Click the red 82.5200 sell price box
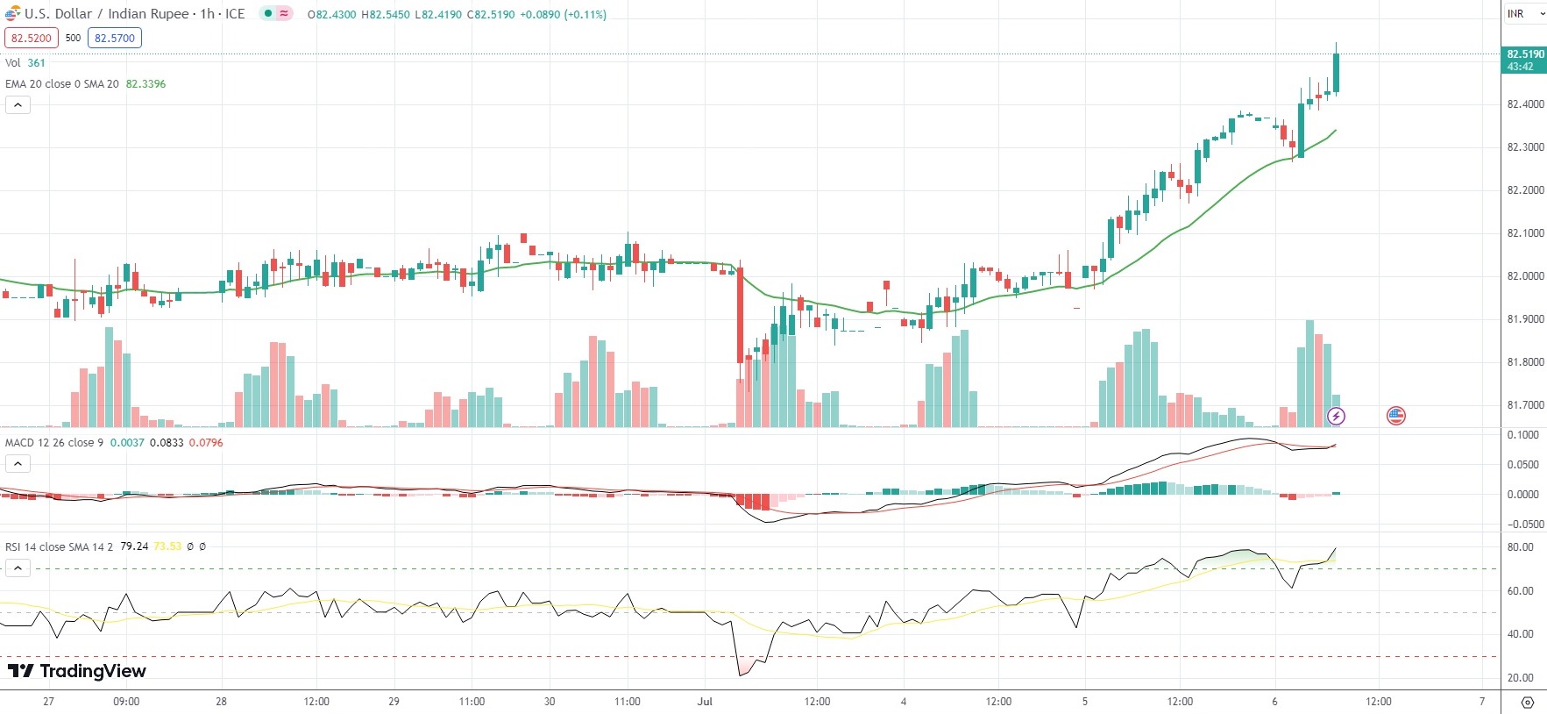[x=32, y=38]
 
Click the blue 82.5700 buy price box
[x=115, y=38]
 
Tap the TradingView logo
[x=77, y=671]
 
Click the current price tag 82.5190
[x=1525, y=60]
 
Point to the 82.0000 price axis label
[x=1525, y=276]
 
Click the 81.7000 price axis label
[x=1525, y=405]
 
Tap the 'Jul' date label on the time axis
[x=705, y=702]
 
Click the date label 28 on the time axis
[x=221, y=702]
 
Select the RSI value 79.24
[x=134, y=546]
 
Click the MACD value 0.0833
[x=167, y=443]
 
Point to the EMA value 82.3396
[x=145, y=84]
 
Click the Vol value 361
[x=36, y=63]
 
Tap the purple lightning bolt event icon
[x=1336, y=416]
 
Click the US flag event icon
[x=1396, y=416]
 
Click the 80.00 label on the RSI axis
[x=1521, y=547]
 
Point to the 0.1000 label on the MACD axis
[x=1523, y=435]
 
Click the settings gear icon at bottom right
[x=1528, y=703]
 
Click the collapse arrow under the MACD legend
[x=18, y=463]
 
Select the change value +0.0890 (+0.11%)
[x=563, y=15]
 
